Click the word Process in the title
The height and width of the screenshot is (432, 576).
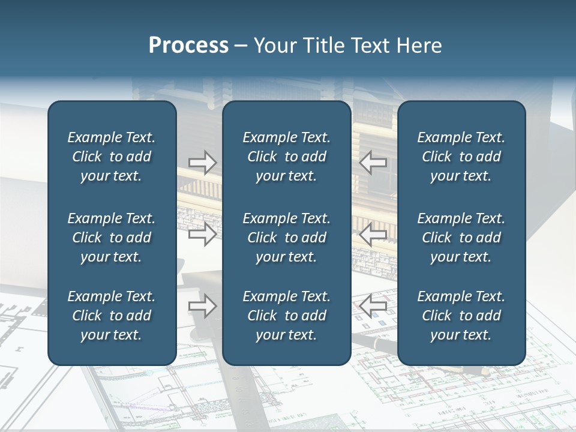tap(188, 46)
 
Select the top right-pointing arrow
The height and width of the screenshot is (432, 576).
tap(203, 163)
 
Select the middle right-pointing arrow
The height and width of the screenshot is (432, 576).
tap(203, 234)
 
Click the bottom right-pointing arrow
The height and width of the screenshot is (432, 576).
tap(203, 306)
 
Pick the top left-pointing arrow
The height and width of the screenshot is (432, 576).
tap(373, 162)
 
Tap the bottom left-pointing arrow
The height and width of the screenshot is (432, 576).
tap(373, 305)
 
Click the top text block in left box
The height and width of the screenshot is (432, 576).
tap(112, 157)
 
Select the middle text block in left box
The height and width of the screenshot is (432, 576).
tap(112, 238)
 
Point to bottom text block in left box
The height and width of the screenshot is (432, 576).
tap(112, 316)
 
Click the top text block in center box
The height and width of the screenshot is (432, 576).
tap(286, 157)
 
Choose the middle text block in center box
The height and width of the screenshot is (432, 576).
tap(286, 238)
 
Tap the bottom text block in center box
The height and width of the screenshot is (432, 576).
tap(286, 316)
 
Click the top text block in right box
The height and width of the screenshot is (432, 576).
tap(461, 157)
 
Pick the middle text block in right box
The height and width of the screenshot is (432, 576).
tap(461, 238)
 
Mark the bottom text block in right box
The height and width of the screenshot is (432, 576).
tap(461, 316)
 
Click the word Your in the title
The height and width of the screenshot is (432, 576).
tap(275, 46)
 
